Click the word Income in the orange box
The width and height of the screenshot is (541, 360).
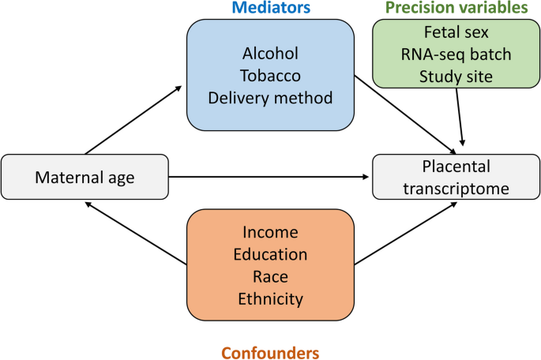[270, 232]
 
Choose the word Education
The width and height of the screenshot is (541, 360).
[270, 255]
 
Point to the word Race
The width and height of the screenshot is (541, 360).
[270, 277]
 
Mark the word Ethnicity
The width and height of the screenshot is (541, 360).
[270, 300]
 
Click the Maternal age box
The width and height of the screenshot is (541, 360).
[85, 178]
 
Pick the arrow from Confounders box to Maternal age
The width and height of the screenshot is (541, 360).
[134, 232]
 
